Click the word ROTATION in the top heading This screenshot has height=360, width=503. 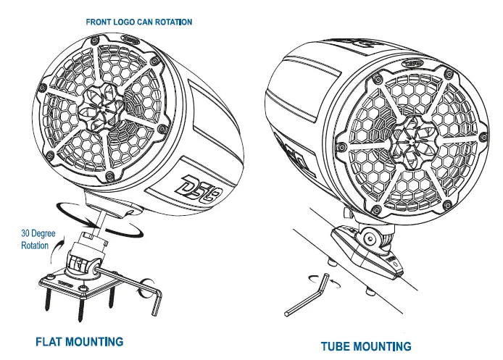click(x=172, y=22)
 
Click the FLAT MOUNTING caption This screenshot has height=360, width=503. click(x=80, y=341)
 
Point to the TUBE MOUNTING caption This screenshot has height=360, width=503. click(x=366, y=346)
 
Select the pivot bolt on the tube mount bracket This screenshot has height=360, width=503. click(x=369, y=237)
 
